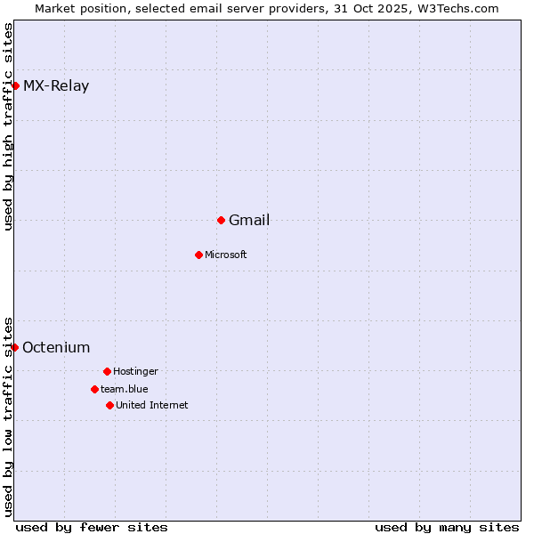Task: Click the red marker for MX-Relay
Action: [x=15, y=85]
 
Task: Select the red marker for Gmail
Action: [x=221, y=220]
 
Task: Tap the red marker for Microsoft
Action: [x=198, y=255]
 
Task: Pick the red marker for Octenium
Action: [x=14, y=347]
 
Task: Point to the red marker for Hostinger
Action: [x=107, y=371]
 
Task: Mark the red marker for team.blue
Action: [x=94, y=389]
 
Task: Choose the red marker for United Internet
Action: [x=109, y=405]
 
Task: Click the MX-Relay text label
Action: [x=56, y=86]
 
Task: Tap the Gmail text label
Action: [x=249, y=221]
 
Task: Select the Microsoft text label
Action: [x=226, y=255]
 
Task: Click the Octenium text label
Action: [x=56, y=348]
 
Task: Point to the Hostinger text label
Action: [x=135, y=371]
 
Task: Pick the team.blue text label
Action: [x=125, y=389]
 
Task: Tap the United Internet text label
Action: [x=152, y=405]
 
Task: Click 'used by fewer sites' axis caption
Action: [x=92, y=527]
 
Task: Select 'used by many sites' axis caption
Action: [x=447, y=527]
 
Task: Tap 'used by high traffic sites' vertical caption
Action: [x=9, y=126]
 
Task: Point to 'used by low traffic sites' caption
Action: [x=9, y=416]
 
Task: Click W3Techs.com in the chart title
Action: [x=454, y=8]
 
